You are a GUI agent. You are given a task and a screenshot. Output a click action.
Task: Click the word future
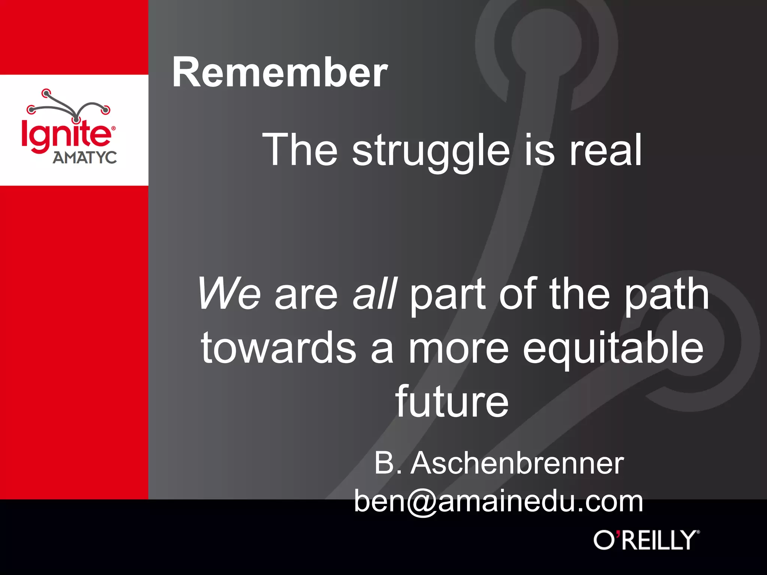[452, 402]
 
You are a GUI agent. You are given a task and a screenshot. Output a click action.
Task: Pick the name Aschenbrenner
[517, 463]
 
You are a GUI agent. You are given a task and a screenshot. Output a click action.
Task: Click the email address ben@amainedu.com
[498, 502]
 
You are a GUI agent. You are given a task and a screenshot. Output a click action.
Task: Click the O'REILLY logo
[646, 540]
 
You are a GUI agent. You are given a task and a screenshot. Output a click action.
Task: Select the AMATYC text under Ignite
[85, 158]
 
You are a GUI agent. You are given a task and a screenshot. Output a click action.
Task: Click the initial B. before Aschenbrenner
[388, 463]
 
